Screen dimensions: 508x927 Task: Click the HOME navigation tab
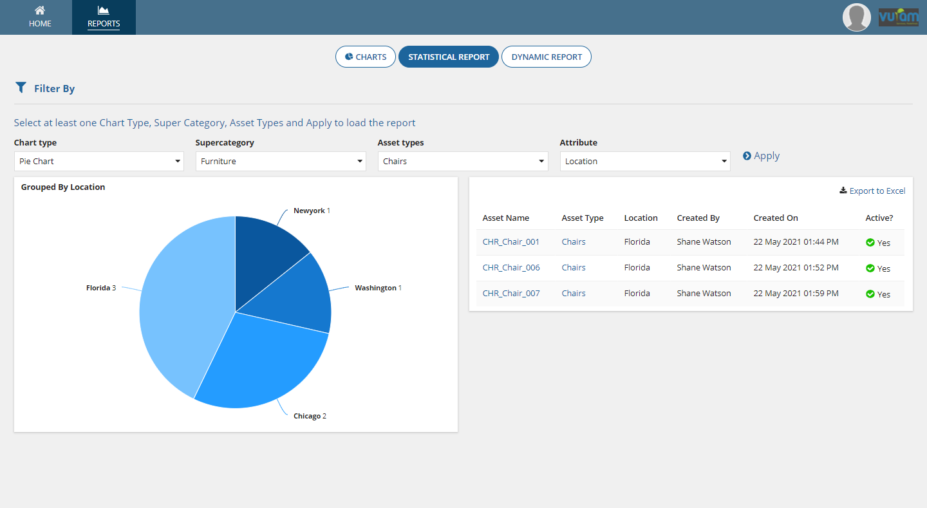(x=40, y=17)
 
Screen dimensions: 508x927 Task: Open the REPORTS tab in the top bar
(x=104, y=17)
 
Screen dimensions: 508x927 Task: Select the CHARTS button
(x=365, y=57)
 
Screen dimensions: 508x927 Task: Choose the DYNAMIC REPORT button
(x=546, y=57)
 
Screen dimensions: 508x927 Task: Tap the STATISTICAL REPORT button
(x=449, y=57)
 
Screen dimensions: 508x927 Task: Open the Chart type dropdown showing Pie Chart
(x=98, y=161)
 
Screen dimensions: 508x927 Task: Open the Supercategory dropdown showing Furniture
(x=281, y=161)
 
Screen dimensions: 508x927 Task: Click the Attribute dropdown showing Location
(x=644, y=161)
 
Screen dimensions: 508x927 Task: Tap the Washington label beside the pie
(x=375, y=288)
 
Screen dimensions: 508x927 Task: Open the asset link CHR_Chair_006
(x=511, y=267)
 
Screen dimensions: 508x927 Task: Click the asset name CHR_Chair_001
(x=511, y=241)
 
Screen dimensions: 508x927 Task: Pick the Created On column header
(x=775, y=218)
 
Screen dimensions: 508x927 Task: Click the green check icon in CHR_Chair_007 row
(x=870, y=294)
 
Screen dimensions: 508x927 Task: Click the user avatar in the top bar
(x=856, y=17)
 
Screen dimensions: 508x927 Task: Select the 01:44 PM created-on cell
(x=796, y=241)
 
